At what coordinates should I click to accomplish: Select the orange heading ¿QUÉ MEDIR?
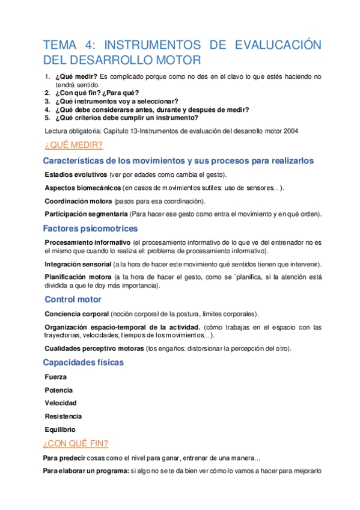[x=73, y=146]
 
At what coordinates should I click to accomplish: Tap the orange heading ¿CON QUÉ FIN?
[x=76, y=443]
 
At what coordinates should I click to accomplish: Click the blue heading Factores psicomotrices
[x=90, y=229]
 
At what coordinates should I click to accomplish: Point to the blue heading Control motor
[x=73, y=300]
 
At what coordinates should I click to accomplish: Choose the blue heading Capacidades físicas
[x=84, y=362]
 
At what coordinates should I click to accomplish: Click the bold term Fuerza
[x=56, y=377]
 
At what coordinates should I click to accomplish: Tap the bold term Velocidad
[x=61, y=403]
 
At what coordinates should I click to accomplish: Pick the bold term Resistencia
[x=63, y=416]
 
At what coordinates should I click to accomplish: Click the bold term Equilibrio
[x=60, y=429]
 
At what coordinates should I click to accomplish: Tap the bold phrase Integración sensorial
[x=78, y=265]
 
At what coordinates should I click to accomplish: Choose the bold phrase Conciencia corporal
[x=77, y=314]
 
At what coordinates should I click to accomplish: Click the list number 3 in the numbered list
[x=47, y=101]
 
